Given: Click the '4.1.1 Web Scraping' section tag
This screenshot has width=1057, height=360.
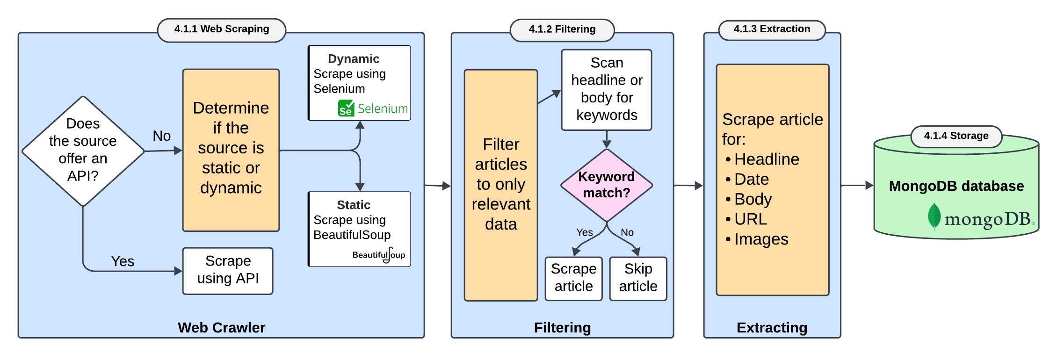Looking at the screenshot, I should coord(222,29).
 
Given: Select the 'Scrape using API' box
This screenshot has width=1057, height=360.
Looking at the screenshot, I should coord(228,271).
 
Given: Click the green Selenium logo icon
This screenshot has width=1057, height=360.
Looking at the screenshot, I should coord(346,108).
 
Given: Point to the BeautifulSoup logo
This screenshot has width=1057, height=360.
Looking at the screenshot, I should coord(379,255).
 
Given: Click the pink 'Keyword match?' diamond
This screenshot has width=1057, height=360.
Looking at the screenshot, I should coord(607,185).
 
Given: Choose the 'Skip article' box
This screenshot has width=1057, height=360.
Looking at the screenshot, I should coord(638,278).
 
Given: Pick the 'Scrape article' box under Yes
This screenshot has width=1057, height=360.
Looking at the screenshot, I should coord(573,278).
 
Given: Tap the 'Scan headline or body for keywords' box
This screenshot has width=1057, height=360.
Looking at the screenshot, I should coord(607,89).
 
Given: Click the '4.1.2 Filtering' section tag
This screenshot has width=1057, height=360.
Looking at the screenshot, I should coord(562,29).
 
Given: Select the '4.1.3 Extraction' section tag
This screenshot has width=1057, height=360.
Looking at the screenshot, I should coord(772,29).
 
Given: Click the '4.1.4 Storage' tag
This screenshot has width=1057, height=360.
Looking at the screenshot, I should coord(956,136).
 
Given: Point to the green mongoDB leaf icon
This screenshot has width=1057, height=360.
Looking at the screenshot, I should coord(934,216).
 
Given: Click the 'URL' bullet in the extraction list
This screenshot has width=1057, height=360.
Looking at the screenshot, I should coord(751,219).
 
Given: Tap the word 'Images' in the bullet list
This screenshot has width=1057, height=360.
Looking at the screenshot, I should coord(761,239).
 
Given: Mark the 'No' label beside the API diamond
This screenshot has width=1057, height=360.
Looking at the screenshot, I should coord(162,136).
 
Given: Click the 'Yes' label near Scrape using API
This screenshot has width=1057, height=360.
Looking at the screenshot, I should coord(123,261).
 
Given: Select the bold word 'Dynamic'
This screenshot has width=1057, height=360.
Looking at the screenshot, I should coord(354,59).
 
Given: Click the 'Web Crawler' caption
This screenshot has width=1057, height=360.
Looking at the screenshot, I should coord(221,327).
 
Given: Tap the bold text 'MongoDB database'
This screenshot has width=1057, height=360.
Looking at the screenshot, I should coord(956,186).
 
